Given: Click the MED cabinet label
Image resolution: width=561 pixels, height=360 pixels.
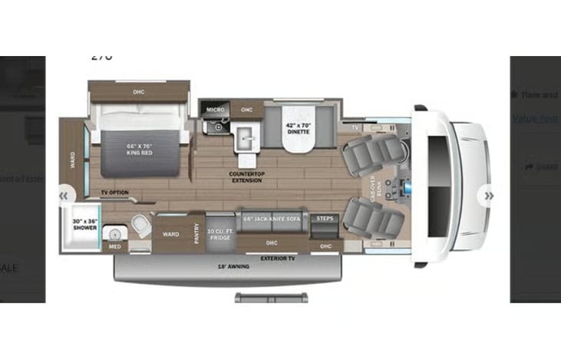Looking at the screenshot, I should [114, 246].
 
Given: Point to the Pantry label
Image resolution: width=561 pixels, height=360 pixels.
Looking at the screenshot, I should [197, 232].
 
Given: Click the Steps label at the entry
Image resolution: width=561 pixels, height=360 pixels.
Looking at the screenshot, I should [325, 219].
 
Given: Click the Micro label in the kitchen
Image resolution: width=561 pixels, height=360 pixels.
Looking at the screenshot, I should [214, 111].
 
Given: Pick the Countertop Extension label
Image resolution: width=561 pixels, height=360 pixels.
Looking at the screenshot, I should [246, 177].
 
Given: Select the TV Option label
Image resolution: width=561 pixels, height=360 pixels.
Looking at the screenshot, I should [114, 192].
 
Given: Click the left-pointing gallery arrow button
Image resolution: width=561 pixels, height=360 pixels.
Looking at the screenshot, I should [64, 196].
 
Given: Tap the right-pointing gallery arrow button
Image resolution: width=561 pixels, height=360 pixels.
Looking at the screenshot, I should [488, 196].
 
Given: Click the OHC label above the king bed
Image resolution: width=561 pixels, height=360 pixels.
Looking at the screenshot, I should [138, 92].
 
